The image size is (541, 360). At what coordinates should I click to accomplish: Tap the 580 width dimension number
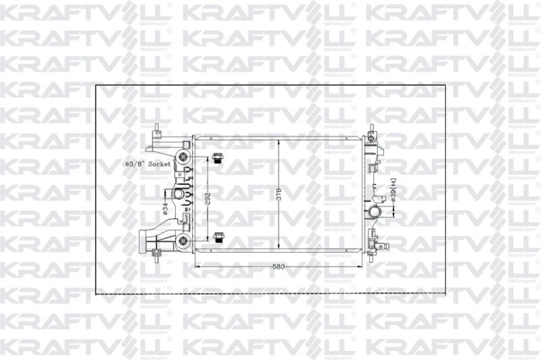point(279,267)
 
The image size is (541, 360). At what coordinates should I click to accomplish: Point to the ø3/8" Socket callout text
point(148,163)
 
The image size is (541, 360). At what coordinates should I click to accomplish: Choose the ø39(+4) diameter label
point(392,190)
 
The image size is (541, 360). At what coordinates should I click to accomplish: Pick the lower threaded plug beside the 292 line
point(218,237)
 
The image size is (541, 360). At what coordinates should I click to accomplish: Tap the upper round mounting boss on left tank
point(183,156)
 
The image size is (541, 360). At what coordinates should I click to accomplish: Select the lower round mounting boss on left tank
point(183,240)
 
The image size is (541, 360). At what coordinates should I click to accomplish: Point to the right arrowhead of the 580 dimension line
point(361,266)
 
